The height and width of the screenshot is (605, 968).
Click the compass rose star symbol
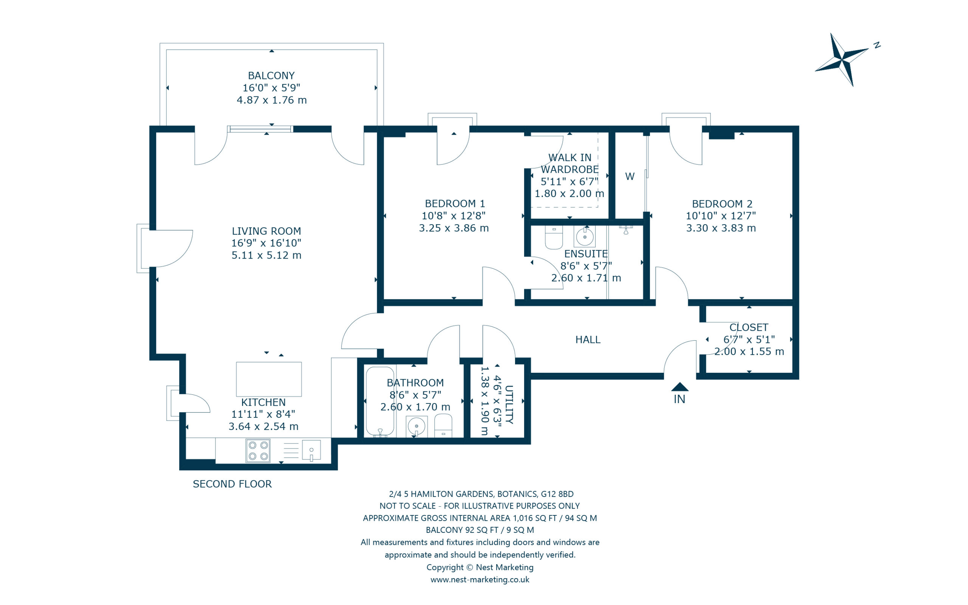842,60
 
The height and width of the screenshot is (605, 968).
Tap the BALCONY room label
271,76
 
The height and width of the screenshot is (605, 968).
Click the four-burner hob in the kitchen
258,451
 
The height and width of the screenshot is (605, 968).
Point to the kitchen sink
311,451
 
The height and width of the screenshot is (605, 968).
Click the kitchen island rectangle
269,379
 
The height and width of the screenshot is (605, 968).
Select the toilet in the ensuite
554,237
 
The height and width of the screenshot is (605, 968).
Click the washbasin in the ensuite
585,236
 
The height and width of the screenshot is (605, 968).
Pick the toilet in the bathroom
443,426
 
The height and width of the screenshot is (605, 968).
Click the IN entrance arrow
679,387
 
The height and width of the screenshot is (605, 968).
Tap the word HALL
588,340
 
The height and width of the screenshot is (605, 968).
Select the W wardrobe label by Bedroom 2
630,177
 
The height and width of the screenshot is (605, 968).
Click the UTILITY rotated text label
509,405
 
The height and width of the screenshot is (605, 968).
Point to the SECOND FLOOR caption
232,484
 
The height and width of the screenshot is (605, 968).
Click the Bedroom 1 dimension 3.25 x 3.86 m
454,228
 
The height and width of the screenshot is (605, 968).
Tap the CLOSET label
749,327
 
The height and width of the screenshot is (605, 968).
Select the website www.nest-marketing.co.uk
479,579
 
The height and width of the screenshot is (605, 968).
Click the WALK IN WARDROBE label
569,163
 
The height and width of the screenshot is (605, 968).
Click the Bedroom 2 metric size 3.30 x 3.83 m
721,228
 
